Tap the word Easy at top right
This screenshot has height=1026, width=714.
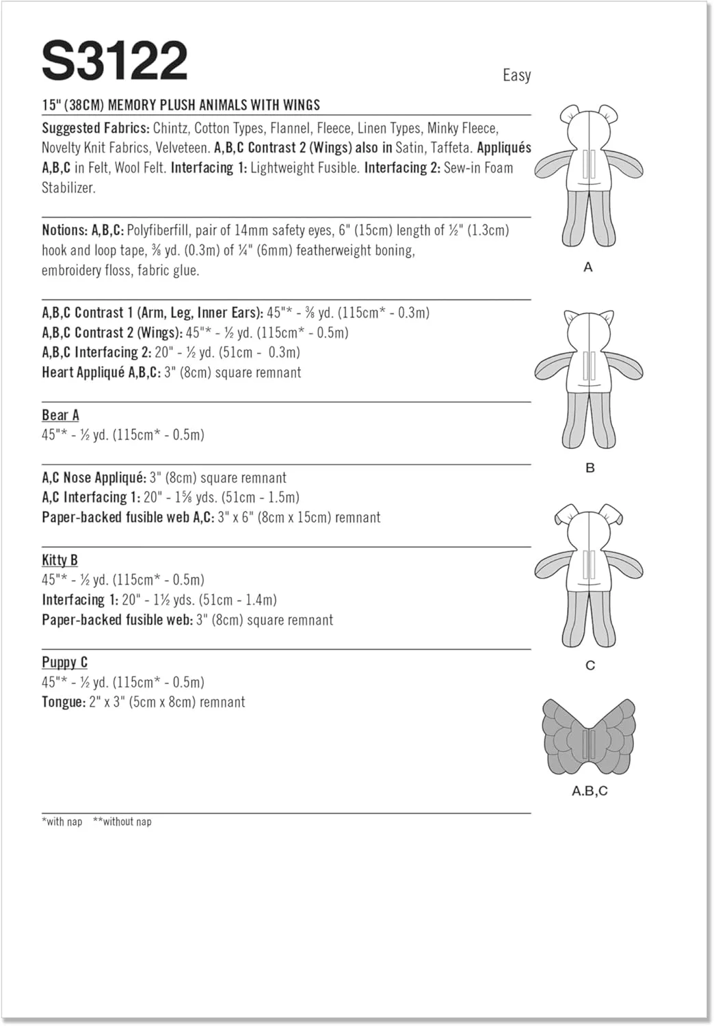516,75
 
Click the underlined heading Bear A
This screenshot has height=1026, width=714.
60,415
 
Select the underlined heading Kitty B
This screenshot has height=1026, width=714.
59,560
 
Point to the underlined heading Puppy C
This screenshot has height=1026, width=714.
64,662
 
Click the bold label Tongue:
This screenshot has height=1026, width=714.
64,702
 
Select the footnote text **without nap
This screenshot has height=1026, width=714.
122,821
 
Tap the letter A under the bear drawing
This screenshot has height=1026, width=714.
588,267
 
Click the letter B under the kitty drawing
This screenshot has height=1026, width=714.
590,468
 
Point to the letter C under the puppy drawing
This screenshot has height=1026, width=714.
590,666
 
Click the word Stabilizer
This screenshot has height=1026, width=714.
68,188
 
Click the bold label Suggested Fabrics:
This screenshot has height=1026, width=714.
95,128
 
